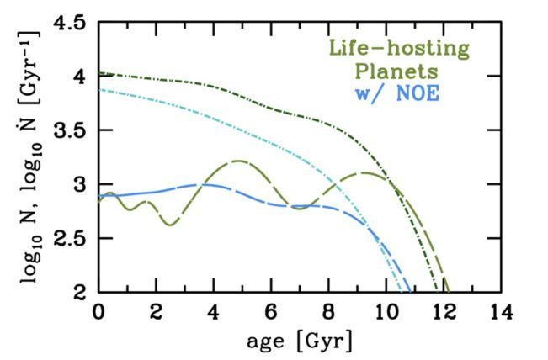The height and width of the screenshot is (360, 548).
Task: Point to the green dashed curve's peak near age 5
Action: click(240, 160)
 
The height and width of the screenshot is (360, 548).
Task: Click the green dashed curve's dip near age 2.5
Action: click(170, 225)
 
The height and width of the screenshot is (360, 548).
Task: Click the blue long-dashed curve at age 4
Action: click(214, 184)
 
